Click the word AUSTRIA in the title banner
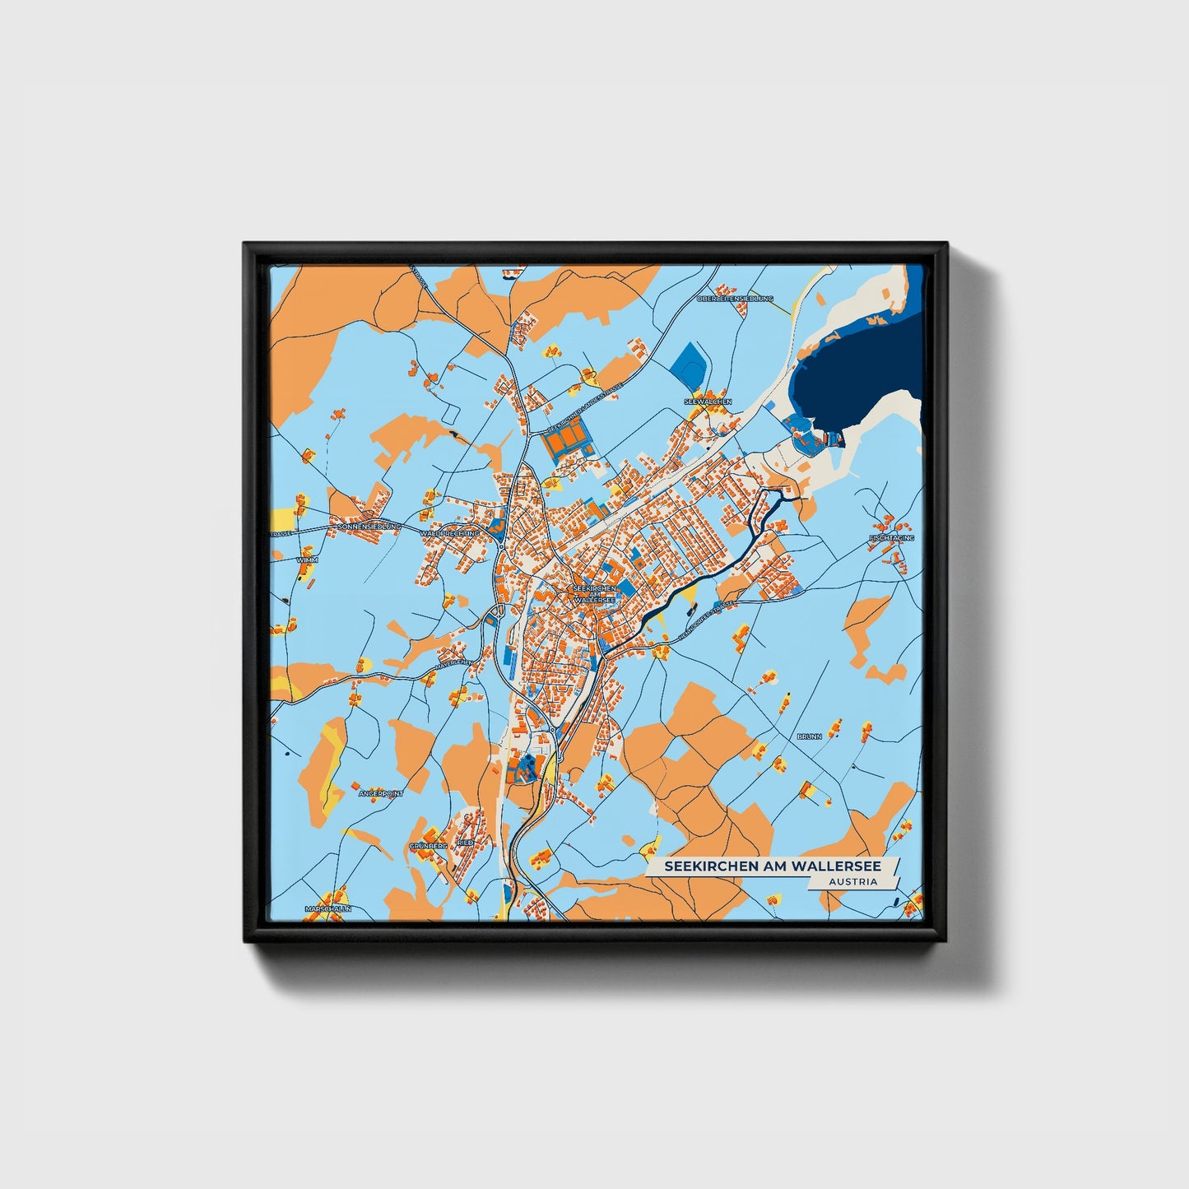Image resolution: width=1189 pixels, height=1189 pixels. coord(852,881)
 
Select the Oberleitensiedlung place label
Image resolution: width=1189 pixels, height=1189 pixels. coord(735,299)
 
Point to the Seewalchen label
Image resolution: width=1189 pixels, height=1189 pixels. coord(708,402)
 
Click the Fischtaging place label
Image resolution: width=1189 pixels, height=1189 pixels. coord(892,538)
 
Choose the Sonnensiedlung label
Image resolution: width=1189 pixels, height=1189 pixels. coord(369,526)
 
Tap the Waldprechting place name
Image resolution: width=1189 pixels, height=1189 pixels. coord(449,533)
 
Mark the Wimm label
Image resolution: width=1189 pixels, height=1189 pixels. coord(307,560)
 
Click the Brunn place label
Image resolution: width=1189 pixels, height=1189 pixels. coord(810,736)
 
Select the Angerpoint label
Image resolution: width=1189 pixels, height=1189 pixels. coord(381,793)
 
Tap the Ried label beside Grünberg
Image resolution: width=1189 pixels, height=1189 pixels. coord(466,843)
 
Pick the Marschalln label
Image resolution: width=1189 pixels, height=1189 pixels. coord(328,908)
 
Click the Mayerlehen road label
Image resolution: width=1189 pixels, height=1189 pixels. coord(455,662)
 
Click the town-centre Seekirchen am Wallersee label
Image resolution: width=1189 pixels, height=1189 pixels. coord(594,595)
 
